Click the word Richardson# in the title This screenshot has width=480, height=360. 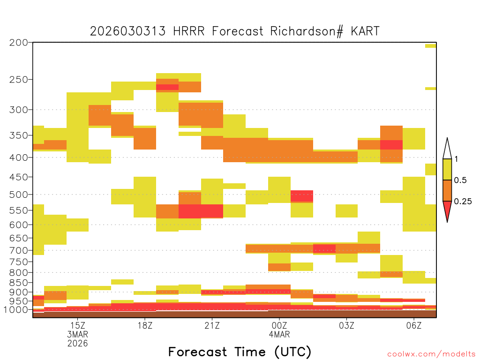click(x=307, y=31)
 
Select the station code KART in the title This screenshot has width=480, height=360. click(x=365, y=31)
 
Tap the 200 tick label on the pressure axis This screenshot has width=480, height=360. click(x=19, y=43)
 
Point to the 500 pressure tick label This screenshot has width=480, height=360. click(x=19, y=195)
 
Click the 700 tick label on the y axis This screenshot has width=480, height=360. click(x=19, y=250)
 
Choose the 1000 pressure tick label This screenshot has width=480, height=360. click(x=16, y=310)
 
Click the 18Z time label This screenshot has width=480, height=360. click(x=145, y=325)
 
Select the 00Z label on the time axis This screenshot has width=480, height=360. click(x=279, y=325)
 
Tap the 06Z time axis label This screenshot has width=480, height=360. click(x=413, y=325)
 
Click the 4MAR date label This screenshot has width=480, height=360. click(x=279, y=334)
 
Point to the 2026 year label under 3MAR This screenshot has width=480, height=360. click(x=78, y=344)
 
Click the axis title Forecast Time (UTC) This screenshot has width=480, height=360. click(x=240, y=352)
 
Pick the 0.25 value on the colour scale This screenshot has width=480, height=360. click(x=463, y=202)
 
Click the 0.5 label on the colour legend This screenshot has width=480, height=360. click(x=460, y=180)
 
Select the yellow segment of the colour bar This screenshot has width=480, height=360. click(x=447, y=169)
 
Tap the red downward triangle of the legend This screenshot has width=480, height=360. click(x=447, y=210)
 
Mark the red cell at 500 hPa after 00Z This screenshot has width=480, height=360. click(x=302, y=196)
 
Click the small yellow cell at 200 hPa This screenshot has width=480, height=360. click(x=431, y=46)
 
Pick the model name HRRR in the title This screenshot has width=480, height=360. click(x=188, y=31)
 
